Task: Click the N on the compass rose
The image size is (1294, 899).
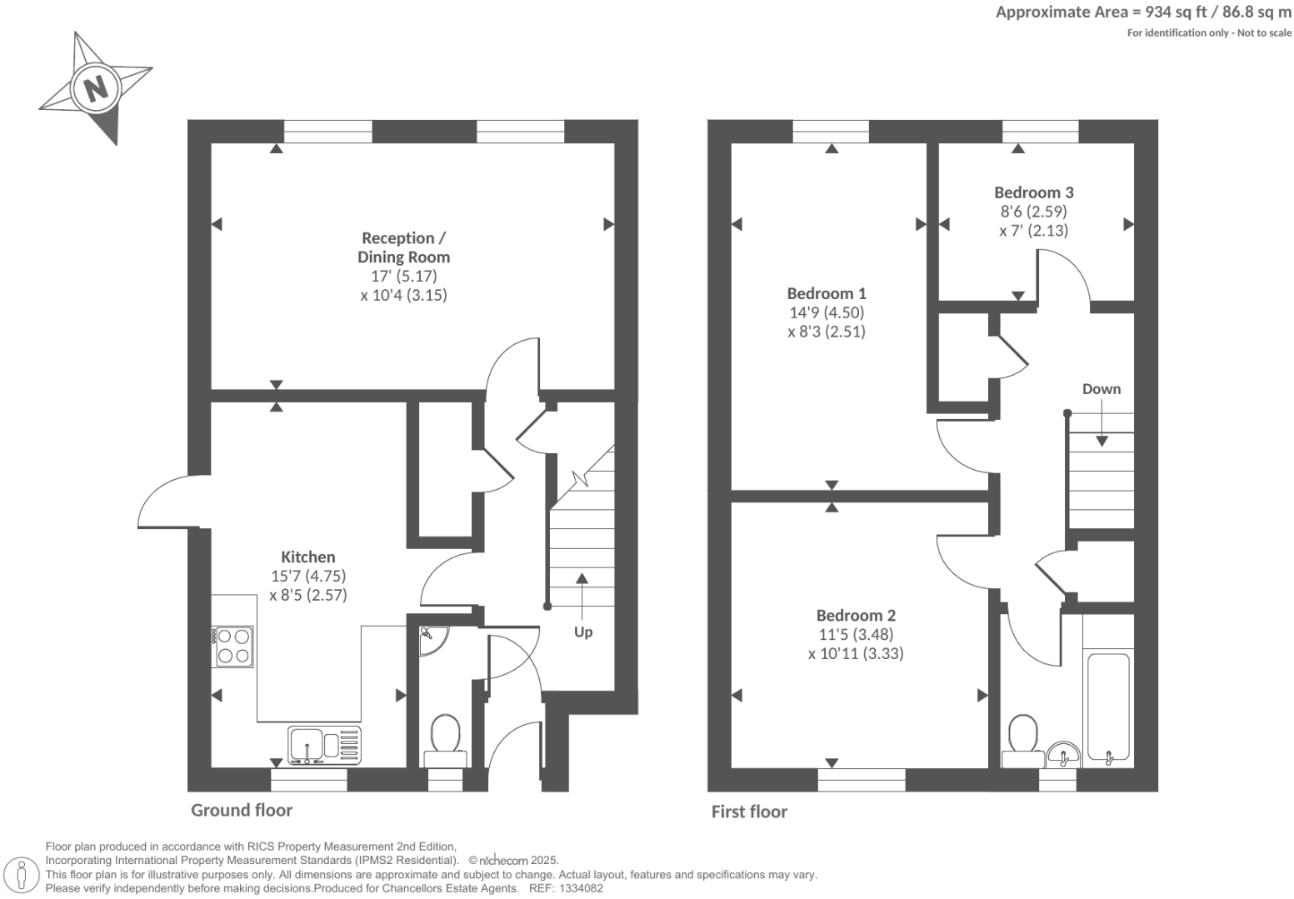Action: pyautogui.click(x=97, y=87)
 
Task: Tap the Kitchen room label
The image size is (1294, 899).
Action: pyautogui.click(x=307, y=557)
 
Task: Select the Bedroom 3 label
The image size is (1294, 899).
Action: pyautogui.click(x=1033, y=192)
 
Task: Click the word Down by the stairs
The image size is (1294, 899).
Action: pyautogui.click(x=1101, y=389)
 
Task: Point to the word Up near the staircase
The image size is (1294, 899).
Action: pyautogui.click(x=583, y=632)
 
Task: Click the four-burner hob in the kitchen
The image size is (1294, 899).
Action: pyautogui.click(x=233, y=646)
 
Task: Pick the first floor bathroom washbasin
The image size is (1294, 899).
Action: pyautogui.click(x=1063, y=753)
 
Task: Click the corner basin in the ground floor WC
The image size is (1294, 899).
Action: pyautogui.click(x=431, y=640)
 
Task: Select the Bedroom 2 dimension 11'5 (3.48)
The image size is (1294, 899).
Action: pyautogui.click(x=856, y=634)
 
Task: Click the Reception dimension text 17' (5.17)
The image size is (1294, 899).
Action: pyautogui.click(x=403, y=276)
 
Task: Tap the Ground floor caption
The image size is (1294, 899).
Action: pyautogui.click(x=242, y=810)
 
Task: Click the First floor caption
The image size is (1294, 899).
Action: pyautogui.click(x=748, y=812)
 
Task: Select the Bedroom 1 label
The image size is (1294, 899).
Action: pyautogui.click(x=827, y=293)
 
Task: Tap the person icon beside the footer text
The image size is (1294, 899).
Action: pyautogui.click(x=22, y=875)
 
